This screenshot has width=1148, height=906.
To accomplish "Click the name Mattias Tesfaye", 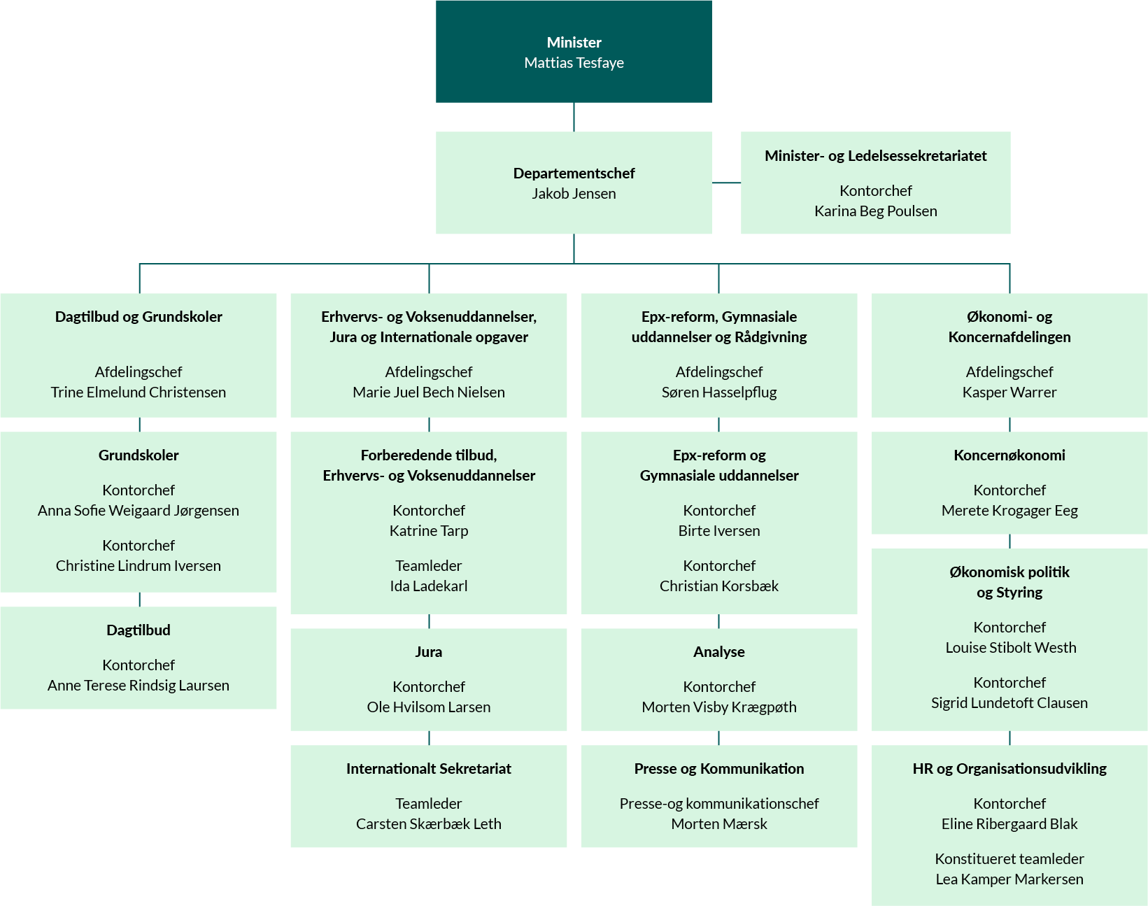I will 574,63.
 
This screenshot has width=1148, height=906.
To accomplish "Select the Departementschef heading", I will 574,173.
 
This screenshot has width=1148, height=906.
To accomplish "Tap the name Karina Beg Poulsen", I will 875,211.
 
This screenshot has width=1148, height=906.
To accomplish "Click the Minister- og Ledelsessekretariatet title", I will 875,155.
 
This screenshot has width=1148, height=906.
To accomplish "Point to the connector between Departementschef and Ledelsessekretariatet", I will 726,183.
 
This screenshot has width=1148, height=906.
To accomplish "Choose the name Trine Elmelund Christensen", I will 139,392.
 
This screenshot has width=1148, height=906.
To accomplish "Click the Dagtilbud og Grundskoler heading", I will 139,316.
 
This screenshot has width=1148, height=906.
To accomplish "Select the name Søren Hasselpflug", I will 718,392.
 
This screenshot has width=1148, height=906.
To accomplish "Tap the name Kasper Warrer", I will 1009,392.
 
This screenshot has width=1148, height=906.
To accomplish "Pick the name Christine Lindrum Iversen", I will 139,565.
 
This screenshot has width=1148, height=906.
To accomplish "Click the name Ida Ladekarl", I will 428,586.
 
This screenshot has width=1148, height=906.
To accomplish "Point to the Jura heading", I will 428,651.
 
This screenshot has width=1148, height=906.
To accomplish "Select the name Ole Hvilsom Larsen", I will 428,707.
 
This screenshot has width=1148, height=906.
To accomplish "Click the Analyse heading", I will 718,651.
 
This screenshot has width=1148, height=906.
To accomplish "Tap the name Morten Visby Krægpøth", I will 718,707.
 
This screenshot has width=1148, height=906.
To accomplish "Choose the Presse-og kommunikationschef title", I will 718,803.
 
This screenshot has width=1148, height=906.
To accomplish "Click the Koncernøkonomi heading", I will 1009,455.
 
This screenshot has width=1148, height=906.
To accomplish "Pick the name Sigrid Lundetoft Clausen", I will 1009,702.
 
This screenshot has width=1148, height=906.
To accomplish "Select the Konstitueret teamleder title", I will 1009,858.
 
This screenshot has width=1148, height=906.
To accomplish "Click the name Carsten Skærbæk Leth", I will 428,823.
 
